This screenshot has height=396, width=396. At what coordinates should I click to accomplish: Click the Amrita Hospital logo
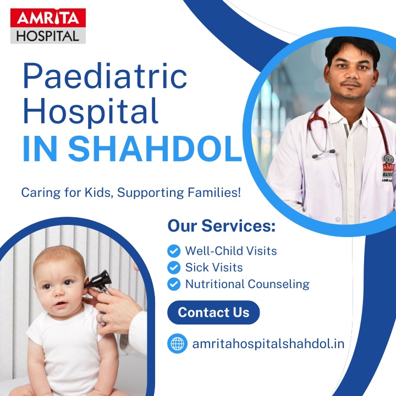(x=48, y=26)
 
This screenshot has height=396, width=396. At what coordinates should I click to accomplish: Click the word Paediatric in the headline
(x=105, y=76)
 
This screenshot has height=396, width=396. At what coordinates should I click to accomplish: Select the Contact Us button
(x=213, y=312)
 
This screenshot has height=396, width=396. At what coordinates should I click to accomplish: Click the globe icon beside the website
(x=177, y=343)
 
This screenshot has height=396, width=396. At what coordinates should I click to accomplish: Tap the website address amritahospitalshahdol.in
(x=268, y=344)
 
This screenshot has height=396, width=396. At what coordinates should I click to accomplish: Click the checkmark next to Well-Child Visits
(x=174, y=251)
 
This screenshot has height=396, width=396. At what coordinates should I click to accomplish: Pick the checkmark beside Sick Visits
(x=174, y=267)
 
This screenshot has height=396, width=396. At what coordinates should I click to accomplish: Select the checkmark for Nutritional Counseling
(x=174, y=284)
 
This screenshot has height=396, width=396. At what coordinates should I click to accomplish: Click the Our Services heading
(x=222, y=226)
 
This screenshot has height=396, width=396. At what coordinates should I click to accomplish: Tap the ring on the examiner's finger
(x=102, y=319)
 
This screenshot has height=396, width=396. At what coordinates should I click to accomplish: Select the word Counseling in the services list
(x=279, y=284)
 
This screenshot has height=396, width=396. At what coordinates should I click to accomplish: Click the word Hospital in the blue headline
(x=91, y=111)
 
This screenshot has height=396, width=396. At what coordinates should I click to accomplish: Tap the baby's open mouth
(x=61, y=304)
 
